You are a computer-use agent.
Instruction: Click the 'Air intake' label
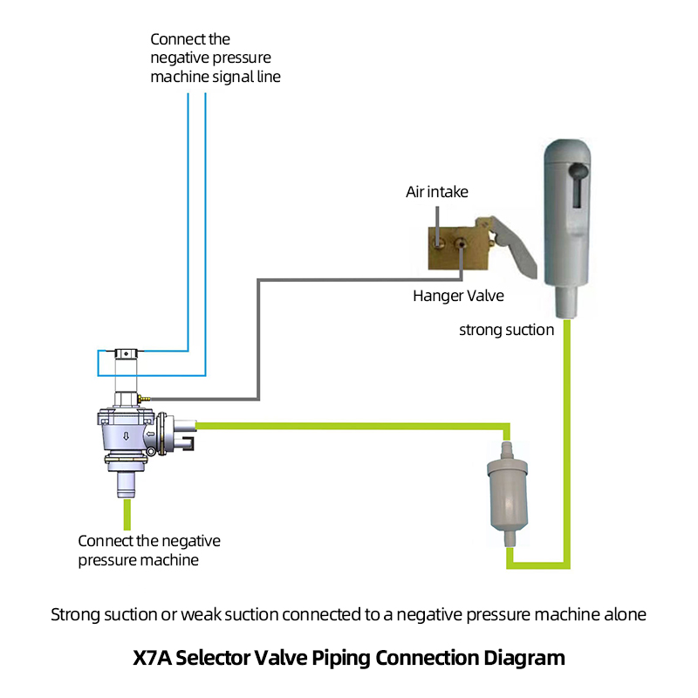(437, 192)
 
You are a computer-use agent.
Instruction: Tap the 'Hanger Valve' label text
(458, 296)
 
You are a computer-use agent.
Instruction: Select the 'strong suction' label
(507, 330)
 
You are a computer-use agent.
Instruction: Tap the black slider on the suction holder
(579, 183)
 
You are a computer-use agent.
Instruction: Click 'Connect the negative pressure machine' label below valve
(149, 550)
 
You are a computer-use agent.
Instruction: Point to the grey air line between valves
(258, 340)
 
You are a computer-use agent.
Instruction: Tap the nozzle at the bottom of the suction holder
(566, 305)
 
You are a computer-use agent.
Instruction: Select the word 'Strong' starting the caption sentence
(72, 614)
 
